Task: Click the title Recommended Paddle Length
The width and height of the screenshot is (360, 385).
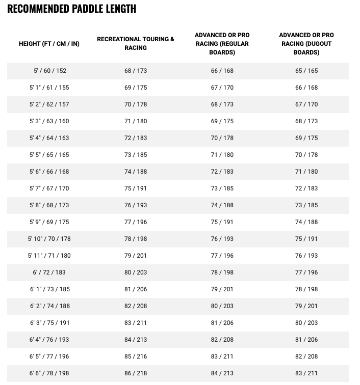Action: coord(72,9)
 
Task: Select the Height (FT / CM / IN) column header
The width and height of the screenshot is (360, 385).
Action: coord(49,44)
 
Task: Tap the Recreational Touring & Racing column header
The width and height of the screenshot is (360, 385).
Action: coord(136,43)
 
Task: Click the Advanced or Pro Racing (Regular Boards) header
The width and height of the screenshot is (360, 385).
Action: coord(222,44)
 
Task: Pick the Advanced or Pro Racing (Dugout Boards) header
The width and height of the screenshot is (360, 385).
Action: coord(306,44)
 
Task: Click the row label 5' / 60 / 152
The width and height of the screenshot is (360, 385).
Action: coord(49,71)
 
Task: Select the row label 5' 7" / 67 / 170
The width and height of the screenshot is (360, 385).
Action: coord(49,188)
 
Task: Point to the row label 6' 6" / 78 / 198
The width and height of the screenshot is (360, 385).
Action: coord(49,373)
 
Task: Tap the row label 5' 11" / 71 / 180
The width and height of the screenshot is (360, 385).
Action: coord(49,256)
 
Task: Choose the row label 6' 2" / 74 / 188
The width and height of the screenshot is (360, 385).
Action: coord(49,306)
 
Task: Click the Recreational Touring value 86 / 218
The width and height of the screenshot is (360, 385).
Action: coord(136,373)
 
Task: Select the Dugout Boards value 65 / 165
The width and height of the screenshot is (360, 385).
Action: coord(306,71)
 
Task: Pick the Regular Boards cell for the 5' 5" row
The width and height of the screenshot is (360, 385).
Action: coord(222,155)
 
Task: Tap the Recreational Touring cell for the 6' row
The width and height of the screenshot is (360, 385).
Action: coord(136,272)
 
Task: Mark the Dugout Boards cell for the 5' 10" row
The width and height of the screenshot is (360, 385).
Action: coord(306,239)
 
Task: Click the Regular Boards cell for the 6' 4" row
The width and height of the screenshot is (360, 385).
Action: coord(222,340)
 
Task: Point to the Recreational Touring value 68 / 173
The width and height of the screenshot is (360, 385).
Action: coord(136,71)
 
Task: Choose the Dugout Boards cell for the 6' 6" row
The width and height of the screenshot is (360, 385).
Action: coord(306,373)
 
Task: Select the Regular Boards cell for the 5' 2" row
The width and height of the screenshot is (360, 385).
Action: coord(222,104)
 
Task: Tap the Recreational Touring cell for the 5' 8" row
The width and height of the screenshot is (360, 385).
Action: coord(136,205)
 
